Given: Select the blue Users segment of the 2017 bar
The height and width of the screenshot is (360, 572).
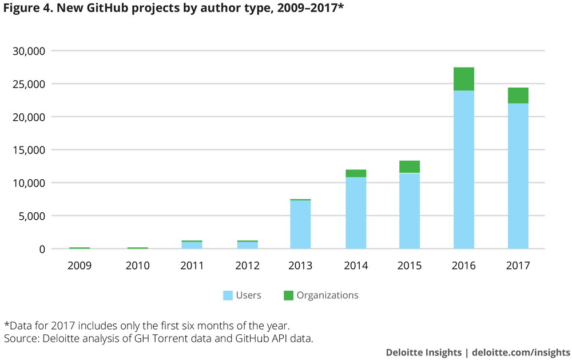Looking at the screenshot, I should click(518, 176).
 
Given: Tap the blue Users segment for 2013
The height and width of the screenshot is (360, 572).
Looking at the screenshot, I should click(300, 224).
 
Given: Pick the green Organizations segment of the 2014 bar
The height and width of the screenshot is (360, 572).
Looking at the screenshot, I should click(356, 173).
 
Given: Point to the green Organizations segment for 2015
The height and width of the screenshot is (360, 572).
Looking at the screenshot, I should click(409, 167).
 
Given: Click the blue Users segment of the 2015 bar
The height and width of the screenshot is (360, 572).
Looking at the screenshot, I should click(409, 211).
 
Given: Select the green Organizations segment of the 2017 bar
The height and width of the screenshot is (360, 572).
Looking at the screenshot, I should click(518, 96).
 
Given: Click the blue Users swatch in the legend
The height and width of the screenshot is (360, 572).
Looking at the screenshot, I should click(228, 295).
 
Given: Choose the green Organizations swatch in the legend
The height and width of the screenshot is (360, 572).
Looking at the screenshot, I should click(288, 295).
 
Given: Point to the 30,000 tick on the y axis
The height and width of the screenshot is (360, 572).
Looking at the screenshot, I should click(29, 51).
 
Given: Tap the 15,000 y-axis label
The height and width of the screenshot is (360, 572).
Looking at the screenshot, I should click(29, 150).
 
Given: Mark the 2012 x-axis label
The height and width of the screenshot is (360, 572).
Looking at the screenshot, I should click(247, 266).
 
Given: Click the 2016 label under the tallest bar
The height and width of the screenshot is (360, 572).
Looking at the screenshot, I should click(463, 266).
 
